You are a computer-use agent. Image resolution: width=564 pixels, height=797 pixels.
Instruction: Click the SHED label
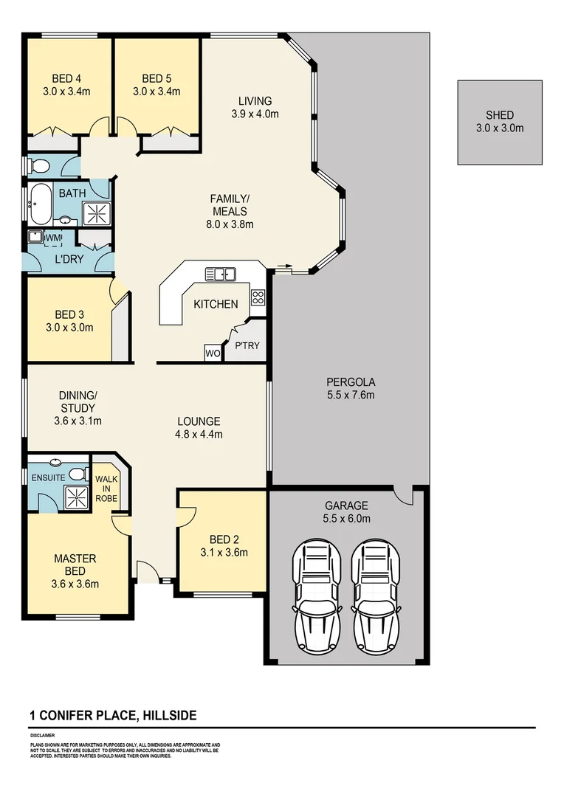[x=500, y=121]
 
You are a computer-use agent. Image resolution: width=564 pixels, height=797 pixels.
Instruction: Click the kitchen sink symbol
[x=219, y=275]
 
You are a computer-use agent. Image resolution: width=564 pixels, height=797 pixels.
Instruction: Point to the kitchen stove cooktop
[x=258, y=297]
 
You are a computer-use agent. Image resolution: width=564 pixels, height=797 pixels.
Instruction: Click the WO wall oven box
[x=213, y=353]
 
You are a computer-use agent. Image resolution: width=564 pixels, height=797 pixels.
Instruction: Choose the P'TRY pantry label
[x=247, y=345]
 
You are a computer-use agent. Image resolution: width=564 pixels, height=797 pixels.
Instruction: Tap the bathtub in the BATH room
[x=41, y=204]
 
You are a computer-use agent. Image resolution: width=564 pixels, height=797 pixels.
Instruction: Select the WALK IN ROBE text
[x=107, y=488]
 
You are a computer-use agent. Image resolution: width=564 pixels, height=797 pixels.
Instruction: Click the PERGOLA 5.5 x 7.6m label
[x=351, y=388]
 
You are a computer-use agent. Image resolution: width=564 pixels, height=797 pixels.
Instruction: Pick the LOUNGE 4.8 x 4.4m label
[x=199, y=428]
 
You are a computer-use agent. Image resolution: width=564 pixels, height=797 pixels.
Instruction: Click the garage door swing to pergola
[x=404, y=496]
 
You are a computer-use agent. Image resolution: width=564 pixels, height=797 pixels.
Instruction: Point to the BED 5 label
[x=157, y=85]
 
